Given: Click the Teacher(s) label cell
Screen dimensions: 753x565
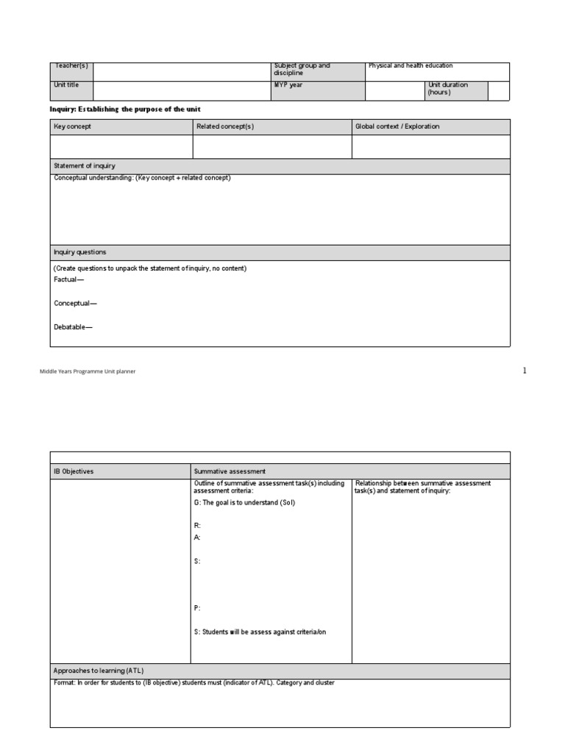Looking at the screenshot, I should point(71,66).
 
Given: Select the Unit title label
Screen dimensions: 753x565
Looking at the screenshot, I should point(67,85).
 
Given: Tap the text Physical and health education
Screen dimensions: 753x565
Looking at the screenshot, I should point(411,66).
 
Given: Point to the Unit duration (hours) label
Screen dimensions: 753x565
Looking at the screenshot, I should point(447,89).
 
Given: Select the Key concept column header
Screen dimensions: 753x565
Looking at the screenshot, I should point(73,126).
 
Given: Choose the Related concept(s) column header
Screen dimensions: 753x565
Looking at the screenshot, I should point(225,126).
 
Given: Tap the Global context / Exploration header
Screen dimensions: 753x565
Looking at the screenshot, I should point(397,126).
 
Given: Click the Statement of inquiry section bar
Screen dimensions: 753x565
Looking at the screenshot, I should point(85,166).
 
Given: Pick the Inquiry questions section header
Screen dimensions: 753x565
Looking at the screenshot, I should point(80,252).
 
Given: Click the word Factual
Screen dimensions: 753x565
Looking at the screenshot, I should point(69,280).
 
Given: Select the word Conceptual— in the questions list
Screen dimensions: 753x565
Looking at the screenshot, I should point(75,303).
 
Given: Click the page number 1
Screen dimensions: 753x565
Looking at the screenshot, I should point(525,371).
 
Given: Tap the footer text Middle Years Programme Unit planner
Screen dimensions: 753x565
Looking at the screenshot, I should point(88,372).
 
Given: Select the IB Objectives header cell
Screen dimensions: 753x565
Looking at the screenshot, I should point(74,471).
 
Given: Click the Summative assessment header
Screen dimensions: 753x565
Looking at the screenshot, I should point(230,471).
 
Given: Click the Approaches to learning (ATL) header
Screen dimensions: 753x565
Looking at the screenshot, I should point(99,671).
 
